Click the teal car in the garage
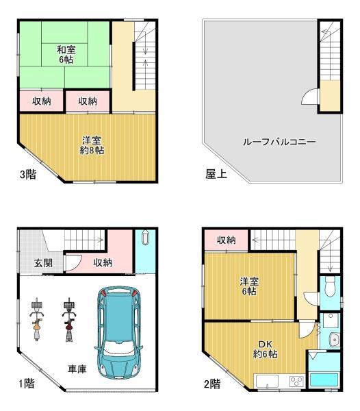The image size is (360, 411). click(120, 333)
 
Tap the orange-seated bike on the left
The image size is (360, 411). click(38, 321)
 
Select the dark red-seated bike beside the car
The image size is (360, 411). click(69, 321)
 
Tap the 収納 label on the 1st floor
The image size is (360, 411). click(103, 263)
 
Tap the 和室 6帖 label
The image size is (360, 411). click(65, 54)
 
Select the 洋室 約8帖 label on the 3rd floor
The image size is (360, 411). click(92, 145)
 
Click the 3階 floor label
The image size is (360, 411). click(28, 174)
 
